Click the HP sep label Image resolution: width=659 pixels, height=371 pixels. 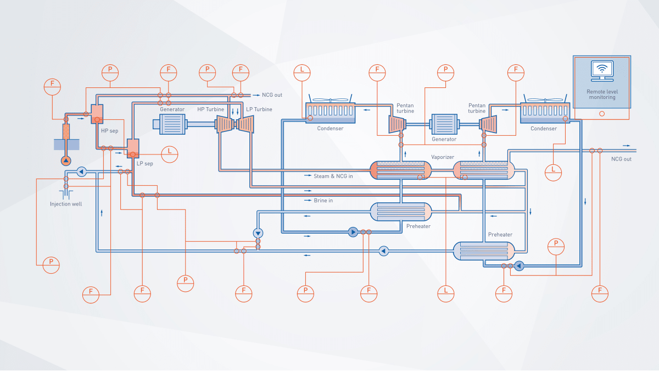pyautogui.click(x=109, y=131)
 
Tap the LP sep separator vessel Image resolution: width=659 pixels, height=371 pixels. pyautogui.click(x=133, y=147)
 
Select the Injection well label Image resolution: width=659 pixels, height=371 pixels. pyautogui.click(x=65, y=204)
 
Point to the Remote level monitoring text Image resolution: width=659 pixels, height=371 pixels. pyautogui.click(x=601, y=95)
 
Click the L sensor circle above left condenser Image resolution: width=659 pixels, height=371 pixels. pyautogui.click(x=301, y=70)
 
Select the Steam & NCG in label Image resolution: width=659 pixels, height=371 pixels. pyautogui.click(x=333, y=176)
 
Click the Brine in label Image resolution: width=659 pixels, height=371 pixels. pyautogui.click(x=323, y=201)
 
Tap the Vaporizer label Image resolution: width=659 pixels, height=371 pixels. pyautogui.click(x=442, y=157)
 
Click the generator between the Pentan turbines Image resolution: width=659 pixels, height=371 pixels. pyautogui.click(x=444, y=124)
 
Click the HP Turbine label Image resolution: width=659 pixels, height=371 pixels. pyautogui.click(x=211, y=109)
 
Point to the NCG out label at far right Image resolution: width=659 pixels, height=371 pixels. pyautogui.click(x=621, y=159)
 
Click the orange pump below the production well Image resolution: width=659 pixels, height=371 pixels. pyautogui.click(x=66, y=160)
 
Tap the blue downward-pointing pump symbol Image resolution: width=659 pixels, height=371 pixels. pyautogui.click(x=258, y=233)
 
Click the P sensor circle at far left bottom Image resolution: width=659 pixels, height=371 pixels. pyautogui.click(x=51, y=264)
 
